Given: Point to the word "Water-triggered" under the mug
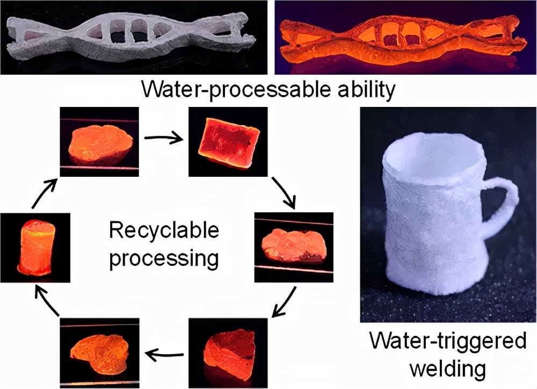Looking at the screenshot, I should click(448, 341).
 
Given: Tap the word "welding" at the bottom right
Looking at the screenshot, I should click(448, 369).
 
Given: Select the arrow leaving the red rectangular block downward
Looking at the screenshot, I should click(285, 192).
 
